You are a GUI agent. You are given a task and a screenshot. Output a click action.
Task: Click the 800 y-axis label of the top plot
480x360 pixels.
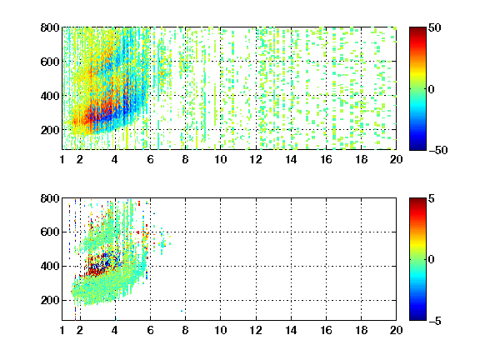point(50,27)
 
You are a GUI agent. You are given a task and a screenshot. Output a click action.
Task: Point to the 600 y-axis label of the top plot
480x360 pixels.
point(50,62)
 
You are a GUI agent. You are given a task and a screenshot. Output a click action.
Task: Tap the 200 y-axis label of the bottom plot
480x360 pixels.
point(50,300)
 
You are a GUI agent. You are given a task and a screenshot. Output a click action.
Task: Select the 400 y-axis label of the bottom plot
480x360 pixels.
point(50,266)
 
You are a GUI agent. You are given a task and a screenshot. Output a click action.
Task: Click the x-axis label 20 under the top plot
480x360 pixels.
point(396,159)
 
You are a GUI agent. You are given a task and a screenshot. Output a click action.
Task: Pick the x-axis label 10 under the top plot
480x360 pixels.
point(220,159)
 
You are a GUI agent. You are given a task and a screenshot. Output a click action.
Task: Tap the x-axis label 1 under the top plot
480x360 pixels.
point(62,159)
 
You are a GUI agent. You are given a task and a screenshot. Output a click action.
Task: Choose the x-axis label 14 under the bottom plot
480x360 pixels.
point(291,330)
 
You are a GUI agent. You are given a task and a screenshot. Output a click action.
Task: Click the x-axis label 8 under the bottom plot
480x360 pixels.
point(185,330)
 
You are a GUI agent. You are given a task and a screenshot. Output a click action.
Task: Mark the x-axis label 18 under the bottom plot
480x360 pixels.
point(361,330)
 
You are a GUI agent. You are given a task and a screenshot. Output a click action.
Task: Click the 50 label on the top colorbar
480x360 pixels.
point(435,27)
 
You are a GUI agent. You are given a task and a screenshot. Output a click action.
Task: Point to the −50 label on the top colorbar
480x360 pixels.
point(437,150)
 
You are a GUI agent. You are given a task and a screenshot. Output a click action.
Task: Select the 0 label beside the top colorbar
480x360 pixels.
point(432,89)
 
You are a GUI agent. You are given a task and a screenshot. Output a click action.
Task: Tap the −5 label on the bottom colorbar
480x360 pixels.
point(435,321)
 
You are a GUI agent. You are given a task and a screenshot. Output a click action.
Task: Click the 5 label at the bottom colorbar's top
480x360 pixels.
point(432,198)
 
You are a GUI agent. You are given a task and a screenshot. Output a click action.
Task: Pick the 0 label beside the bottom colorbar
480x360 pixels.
point(432,260)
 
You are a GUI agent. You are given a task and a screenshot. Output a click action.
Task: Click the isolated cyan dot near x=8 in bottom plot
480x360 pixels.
point(182,311)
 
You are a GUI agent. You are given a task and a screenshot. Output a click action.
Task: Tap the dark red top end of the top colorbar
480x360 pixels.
point(417,29)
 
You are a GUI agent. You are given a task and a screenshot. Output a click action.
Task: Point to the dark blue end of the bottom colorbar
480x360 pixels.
point(417,317)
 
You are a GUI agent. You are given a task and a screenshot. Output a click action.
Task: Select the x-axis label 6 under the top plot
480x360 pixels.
point(150,159)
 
